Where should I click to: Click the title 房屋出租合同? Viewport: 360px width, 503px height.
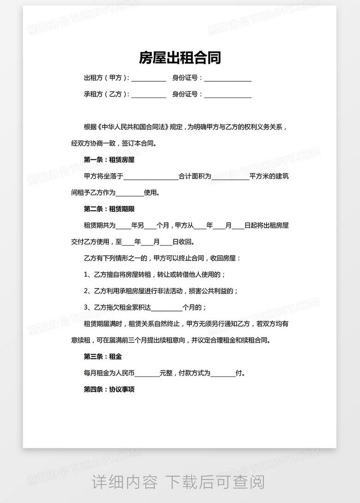click(x=180, y=58)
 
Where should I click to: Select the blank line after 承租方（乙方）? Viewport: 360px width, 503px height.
click(x=149, y=95)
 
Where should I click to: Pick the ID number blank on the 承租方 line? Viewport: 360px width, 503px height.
click(x=228, y=95)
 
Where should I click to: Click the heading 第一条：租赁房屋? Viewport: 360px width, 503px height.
click(x=109, y=160)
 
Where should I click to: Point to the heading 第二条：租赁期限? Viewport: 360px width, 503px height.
click(x=109, y=209)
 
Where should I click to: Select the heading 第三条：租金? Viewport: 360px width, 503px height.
click(x=102, y=357)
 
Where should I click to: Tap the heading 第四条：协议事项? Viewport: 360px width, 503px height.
click(x=109, y=389)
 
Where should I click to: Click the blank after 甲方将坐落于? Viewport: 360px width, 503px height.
click(x=150, y=177)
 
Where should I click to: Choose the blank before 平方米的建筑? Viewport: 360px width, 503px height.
click(x=230, y=177)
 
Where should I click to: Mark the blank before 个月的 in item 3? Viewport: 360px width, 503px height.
click(x=167, y=308)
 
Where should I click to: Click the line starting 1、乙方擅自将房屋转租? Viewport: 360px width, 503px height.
click(x=155, y=275)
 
